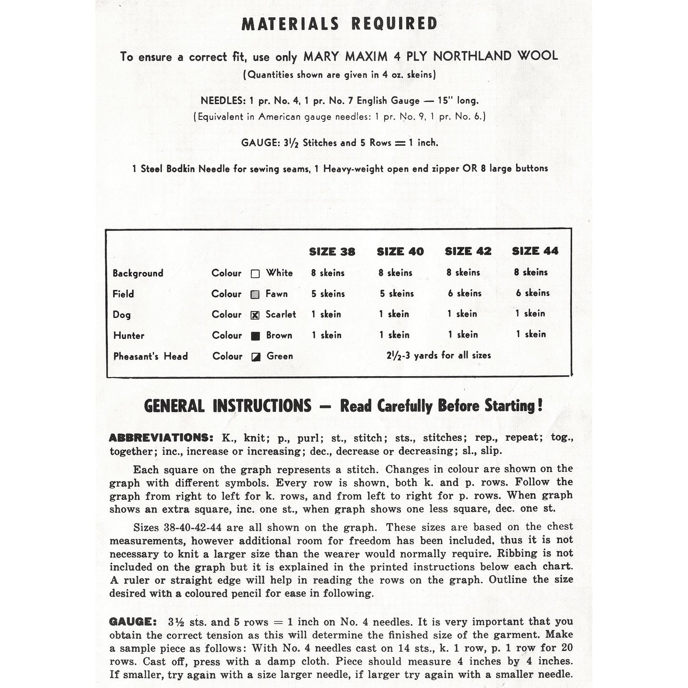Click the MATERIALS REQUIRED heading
coord(339,24)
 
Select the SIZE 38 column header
coord(332,251)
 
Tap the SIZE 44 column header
coord(535,251)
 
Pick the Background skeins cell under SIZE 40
coord(395,273)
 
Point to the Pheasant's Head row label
coord(150,356)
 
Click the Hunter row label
coord(129,335)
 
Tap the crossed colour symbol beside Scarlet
coord(255,315)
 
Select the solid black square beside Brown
coord(255,336)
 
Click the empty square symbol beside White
coord(255,273)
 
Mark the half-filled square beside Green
coord(256,357)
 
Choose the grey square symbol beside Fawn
coord(255,294)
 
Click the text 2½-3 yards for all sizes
coord(439,355)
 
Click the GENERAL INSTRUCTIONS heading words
coord(228,406)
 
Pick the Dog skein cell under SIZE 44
coord(530,313)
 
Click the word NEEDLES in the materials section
coord(222,100)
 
